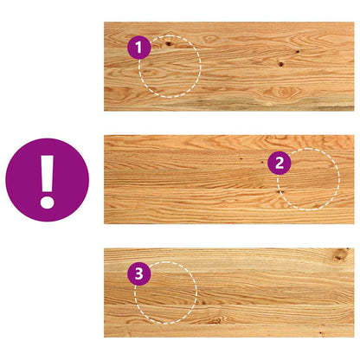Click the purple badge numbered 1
point(139,48)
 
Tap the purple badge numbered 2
point(280,163)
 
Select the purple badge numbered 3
point(139,273)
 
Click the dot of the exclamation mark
point(48,201)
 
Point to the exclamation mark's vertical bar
point(48,174)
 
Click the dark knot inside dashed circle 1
point(168,43)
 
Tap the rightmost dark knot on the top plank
point(298,52)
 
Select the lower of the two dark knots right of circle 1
point(280,64)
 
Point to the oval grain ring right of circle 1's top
point(210,38)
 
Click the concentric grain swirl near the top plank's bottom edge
point(282,92)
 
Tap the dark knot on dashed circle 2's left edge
point(279,191)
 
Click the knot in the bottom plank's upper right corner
point(341,254)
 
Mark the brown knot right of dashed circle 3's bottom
point(215,320)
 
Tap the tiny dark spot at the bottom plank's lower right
point(321,333)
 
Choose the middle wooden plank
point(229,179)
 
